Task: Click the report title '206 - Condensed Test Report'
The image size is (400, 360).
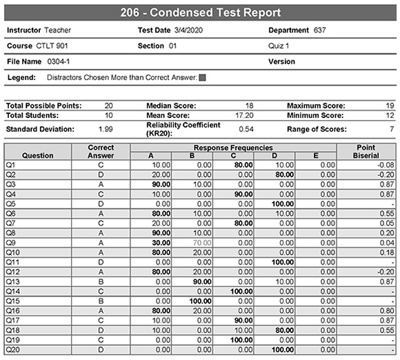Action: tap(199, 12)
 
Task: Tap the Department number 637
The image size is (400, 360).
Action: tap(319, 30)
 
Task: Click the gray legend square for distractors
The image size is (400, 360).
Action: tap(202, 78)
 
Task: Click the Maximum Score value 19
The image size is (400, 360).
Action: tap(389, 106)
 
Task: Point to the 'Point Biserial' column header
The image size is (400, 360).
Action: tap(366, 152)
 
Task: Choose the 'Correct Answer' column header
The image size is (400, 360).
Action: tap(101, 152)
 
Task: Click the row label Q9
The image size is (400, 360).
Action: tap(11, 243)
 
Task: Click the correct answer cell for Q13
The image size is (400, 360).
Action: tap(101, 281)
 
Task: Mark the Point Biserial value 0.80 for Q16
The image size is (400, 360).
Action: tap(385, 311)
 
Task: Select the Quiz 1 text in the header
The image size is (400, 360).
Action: tap(279, 46)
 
